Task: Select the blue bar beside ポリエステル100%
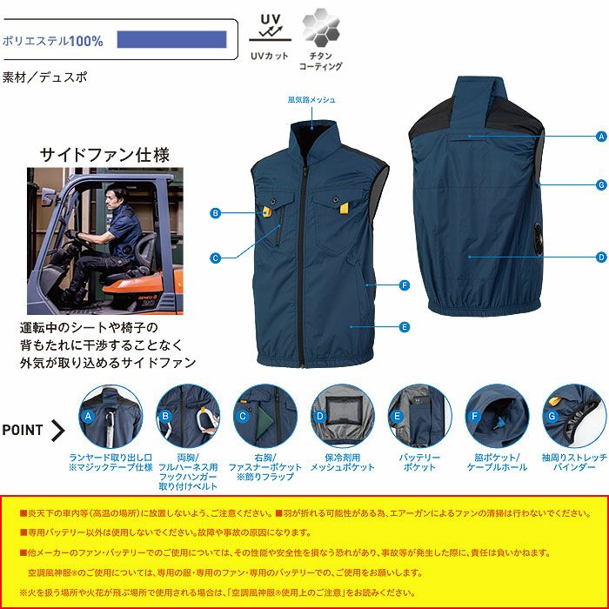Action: tap(171, 39)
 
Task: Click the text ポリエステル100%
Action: tap(53, 41)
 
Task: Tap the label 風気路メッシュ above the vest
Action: tap(311, 100)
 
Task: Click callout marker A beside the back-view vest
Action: tap(600, 137)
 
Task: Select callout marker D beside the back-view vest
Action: tap(600, 258)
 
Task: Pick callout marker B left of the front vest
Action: tap(214, 212)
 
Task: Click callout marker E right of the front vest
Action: tap(405, 326)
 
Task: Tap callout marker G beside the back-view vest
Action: tap(600, 184)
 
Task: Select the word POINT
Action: tap(23, 430)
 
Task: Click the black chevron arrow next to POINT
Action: tap(58, 430)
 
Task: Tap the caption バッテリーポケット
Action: tap(419, 462)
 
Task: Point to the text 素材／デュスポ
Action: tap(44, 77)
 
